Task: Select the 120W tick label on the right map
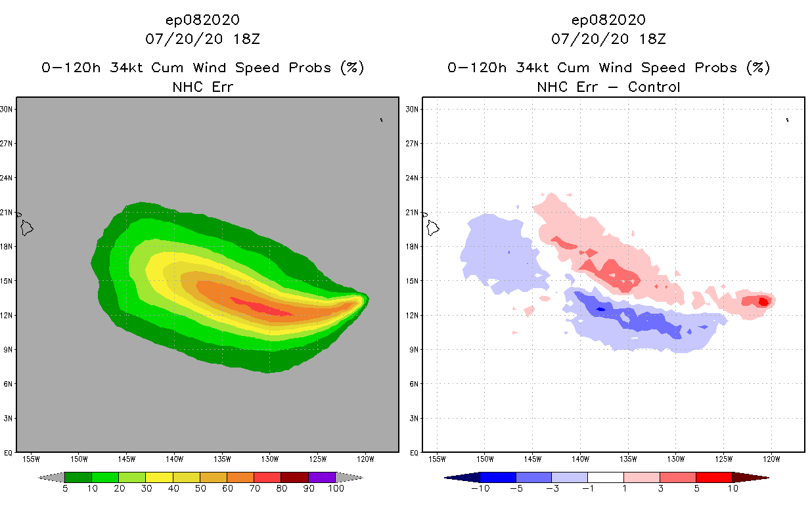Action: click(x=771, y=459)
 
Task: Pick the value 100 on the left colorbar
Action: click(x=335, y=488)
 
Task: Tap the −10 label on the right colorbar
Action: click(x=480, y=488)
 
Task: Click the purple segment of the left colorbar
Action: click(x=322, y=477)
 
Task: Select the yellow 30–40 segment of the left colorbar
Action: click(x=159, y=477)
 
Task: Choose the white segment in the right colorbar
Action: click(x=606, y=477)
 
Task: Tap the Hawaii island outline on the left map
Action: click(x=26, y=228)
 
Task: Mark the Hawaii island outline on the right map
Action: click(x=433, y=228)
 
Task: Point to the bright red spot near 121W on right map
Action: click(x=763, y=302)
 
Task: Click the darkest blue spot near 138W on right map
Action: click(x=600, y=309)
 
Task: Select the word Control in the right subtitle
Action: click(x=654, y=87)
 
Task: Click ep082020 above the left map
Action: click(x=202, y=20)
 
